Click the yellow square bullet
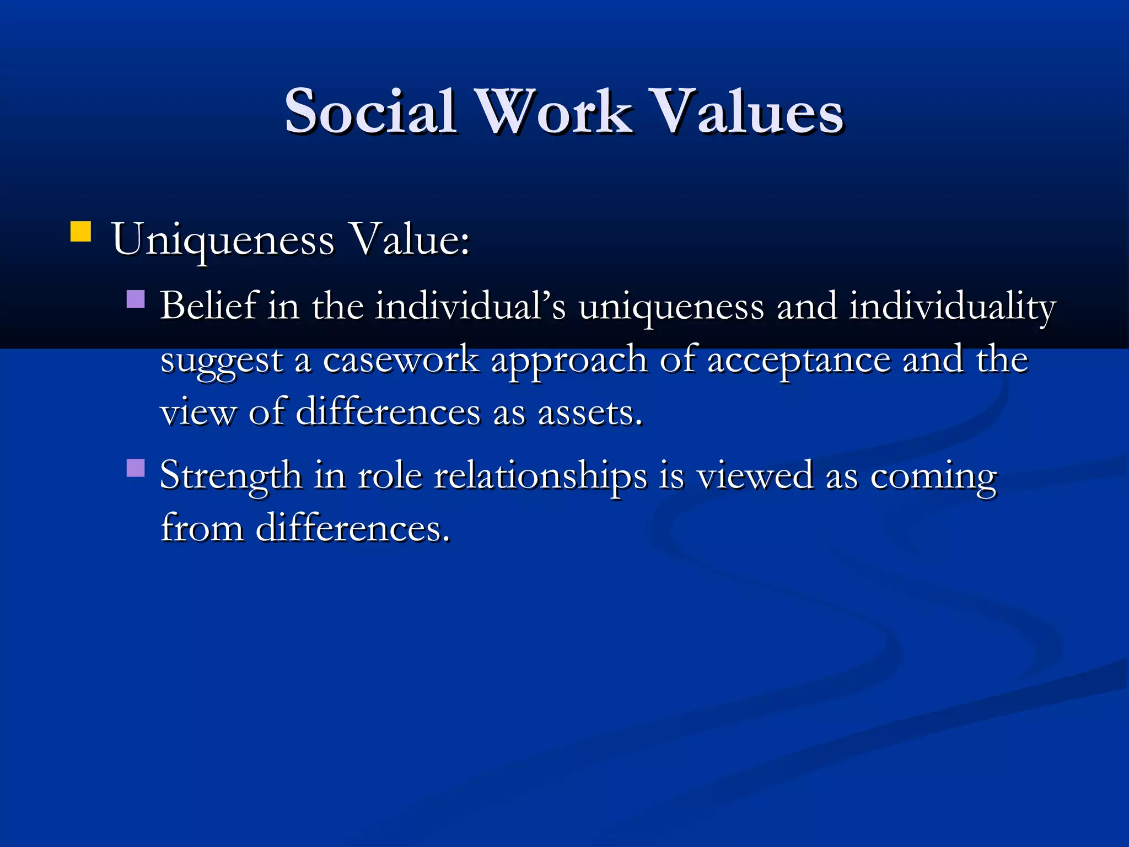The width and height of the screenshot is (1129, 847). coord(80,232)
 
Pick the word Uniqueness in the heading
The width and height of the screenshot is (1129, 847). coord(223,240)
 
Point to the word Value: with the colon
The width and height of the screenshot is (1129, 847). coord(411,240)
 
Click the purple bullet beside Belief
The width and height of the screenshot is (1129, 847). coord(136,299)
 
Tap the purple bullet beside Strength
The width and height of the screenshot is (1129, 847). coord(136,468)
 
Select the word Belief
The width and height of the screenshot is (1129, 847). coord(208,306)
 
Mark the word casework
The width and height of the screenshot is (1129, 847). coord(401,360)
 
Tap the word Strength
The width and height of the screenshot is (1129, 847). coord(230,476)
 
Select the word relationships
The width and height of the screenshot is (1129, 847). coord(540,476)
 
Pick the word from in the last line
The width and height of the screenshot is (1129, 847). coord(202,528)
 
